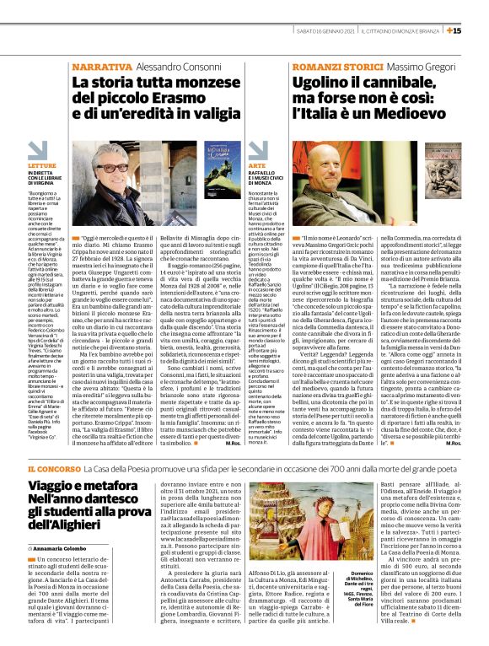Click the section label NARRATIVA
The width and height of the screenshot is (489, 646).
101,67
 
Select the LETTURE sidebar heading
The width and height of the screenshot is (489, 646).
41,167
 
